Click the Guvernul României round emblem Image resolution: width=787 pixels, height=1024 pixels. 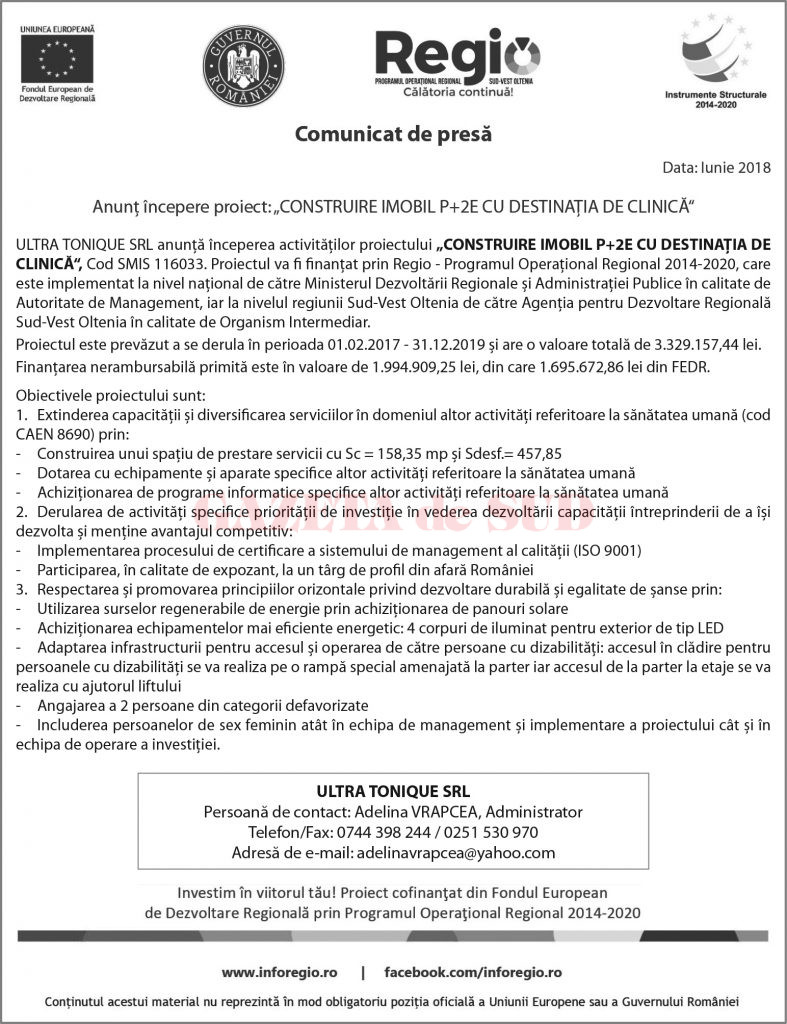[x=243, y=66]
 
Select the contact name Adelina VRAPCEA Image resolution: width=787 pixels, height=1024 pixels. [x=410, y=812]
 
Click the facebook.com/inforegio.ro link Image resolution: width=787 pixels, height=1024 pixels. [x=473, y=971]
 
